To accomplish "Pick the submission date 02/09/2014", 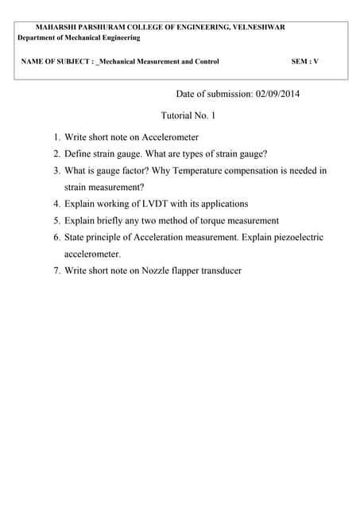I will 278,94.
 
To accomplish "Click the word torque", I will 207,220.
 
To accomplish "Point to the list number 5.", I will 57,220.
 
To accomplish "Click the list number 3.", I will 57,171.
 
